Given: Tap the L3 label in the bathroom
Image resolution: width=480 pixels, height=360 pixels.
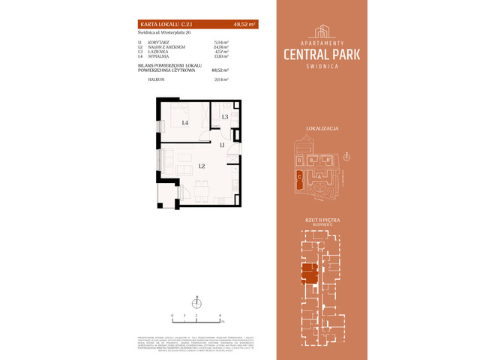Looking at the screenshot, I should pos(224,117).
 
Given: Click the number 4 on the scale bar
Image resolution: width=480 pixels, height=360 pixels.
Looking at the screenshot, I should pos(220,316).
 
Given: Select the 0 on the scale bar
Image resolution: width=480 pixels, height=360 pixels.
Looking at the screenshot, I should pos(172,316).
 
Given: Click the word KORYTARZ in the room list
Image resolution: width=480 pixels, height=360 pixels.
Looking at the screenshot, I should pos(158,43).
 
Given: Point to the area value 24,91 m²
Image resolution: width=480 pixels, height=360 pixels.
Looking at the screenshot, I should pos(220,47).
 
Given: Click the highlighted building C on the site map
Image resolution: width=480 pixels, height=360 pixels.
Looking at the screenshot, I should pos(299,175).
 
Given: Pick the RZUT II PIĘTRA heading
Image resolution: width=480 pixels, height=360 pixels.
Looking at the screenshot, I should pos(322,220).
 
